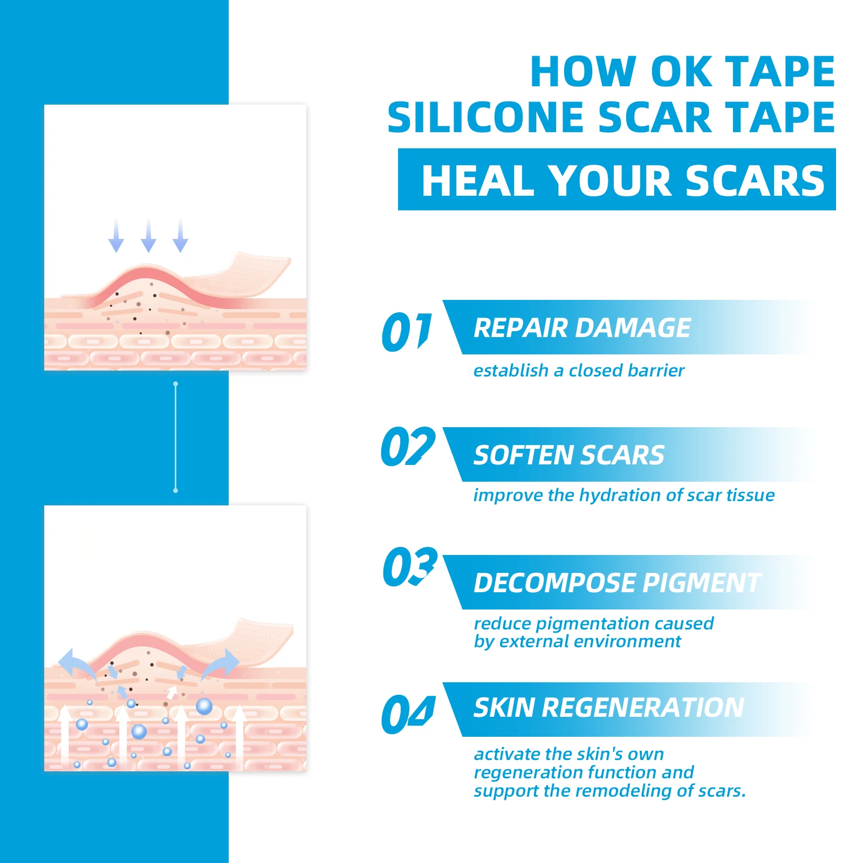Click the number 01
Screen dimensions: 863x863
point(407,331)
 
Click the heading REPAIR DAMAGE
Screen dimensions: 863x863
point(582,328)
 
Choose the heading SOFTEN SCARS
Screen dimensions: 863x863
point(569,455)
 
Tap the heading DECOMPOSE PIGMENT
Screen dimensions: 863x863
point(618,583)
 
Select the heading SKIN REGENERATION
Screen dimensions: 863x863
point(609,708)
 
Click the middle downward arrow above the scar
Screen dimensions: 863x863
point(148,236)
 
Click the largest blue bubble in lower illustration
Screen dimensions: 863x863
point(204,706)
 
